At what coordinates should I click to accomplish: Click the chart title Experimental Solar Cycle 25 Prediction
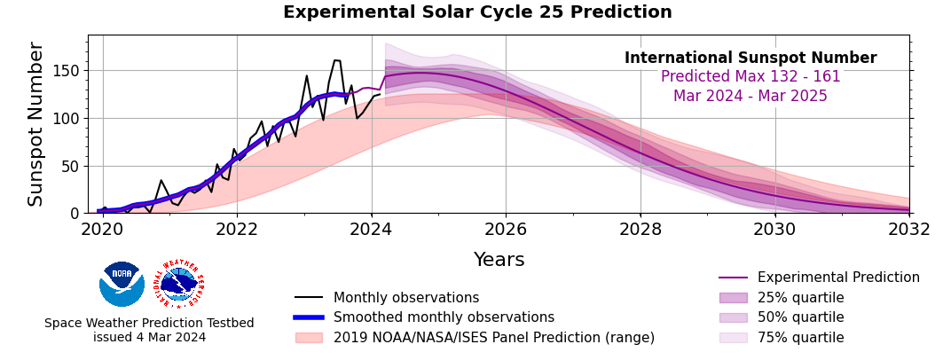click(x=477, y=12)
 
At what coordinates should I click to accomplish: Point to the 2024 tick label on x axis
click(x=372, y=230)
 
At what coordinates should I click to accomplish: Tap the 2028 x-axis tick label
click(x=640, y=230)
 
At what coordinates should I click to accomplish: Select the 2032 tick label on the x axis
click(x=909, y=230)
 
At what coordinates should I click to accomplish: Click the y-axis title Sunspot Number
click(x=36, y=124)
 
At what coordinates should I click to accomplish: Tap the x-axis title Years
click(x=499, y=260)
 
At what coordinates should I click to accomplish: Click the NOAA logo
click(x=122, y=284)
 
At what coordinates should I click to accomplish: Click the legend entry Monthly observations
click(x=405, y=298)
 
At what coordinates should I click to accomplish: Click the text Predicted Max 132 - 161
click(x=750, y=77)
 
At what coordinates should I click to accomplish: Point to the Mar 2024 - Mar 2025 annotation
click(x=750, y=97)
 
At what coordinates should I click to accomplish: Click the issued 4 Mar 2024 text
click(x=149, y=338)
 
